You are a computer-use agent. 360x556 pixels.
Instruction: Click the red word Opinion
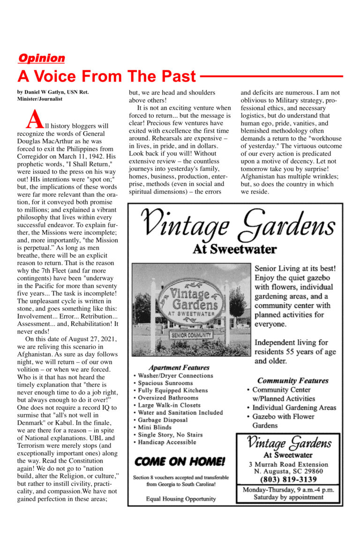tap(41, 58)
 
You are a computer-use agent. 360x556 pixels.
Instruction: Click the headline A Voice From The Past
tap(107, 76)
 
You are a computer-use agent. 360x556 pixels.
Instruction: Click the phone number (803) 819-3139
tap(288, 479)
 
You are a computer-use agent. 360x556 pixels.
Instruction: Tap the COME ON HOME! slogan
tap(180, 461)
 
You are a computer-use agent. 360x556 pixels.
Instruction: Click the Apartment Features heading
tap(179, 368)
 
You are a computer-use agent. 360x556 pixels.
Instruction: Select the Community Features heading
tap(292, 380)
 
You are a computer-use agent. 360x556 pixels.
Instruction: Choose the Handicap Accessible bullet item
tap(167, 442)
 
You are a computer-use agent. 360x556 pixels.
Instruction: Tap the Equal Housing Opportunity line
tap(181, 498)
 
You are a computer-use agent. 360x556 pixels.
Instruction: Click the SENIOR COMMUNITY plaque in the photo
tap(191, 335)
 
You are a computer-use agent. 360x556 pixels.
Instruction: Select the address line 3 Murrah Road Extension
tap(288, 464)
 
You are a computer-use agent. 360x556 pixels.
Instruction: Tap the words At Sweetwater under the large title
tap(234, 249)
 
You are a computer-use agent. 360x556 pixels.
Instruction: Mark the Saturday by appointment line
tap(288, 497)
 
